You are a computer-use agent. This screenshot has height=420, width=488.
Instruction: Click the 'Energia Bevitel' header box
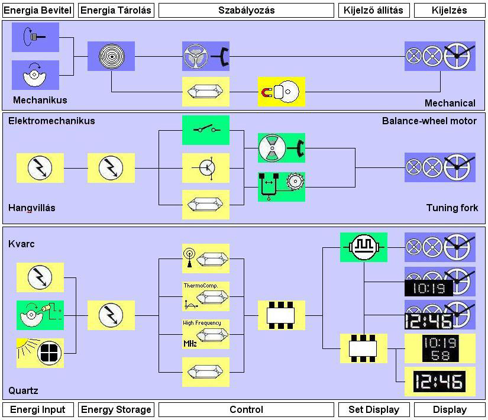coord(38,10)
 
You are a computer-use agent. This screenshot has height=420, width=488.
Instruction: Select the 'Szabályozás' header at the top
coord(246,10)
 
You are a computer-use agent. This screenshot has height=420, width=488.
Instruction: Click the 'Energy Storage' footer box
coord(116,409)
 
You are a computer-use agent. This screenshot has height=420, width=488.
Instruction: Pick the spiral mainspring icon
coord(111,56)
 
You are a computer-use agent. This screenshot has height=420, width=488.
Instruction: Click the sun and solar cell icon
coord(40,353)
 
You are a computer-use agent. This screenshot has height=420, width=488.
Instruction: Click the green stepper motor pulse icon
coord(363,247)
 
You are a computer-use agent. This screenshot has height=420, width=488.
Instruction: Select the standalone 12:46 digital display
coord(439,382)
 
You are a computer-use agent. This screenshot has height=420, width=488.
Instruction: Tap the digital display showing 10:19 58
coord(439,348)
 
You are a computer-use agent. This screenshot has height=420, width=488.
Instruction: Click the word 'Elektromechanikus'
coord(51,121)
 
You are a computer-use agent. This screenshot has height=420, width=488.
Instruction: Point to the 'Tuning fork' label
coord(452,208)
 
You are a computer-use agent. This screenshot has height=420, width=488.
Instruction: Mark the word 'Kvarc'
coord(21,244)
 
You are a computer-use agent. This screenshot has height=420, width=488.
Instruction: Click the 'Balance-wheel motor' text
coord(429,121)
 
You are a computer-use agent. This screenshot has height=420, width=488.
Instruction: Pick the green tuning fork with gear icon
coord(281,186)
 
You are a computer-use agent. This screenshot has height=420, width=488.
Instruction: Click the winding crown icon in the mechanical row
coord(35,37)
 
